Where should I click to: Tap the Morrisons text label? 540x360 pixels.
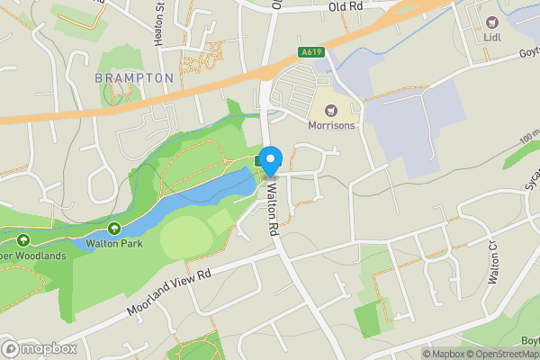click(x=331, y=125)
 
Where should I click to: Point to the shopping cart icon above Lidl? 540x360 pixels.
click(x=492, y=22)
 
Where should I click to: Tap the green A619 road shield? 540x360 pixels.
click(x=310, y=52)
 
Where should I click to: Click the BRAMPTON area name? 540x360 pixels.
click(x=134, y=78)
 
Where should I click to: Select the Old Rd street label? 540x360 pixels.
click(x=345, y=7)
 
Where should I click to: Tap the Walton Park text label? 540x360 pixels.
click(x=115, y=243)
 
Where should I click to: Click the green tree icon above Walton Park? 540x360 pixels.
click(x=115, y=229)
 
